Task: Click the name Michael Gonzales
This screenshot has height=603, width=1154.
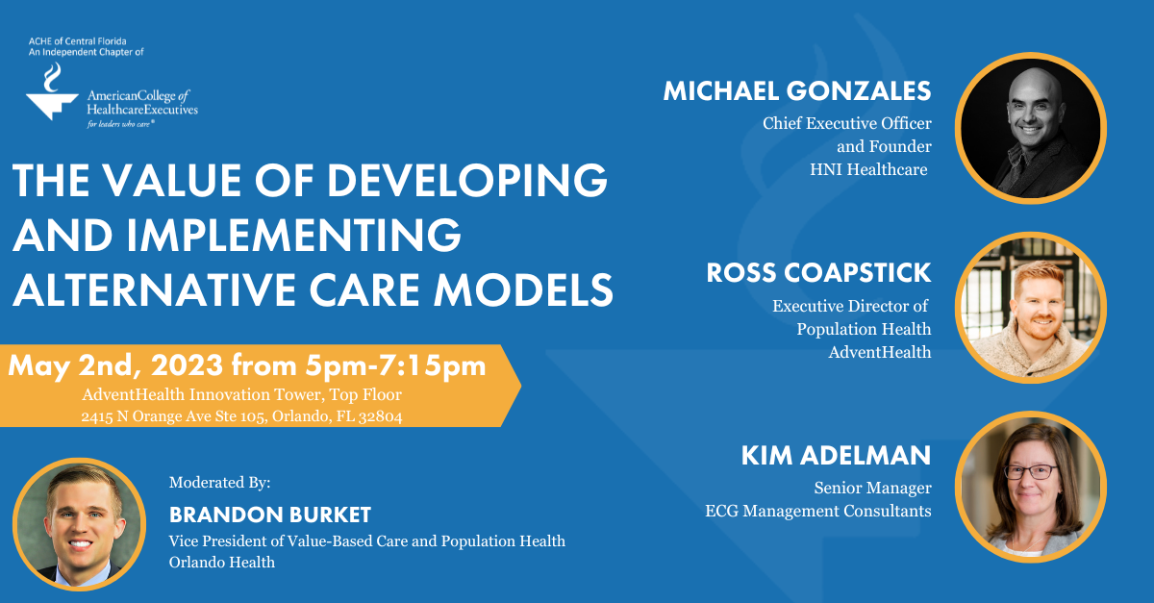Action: [x=796, y=91]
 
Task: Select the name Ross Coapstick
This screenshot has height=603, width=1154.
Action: [x=818, y=273]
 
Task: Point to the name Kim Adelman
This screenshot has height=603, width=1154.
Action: [x=836, y=456]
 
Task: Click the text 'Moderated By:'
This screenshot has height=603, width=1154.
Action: [x=218, y=482]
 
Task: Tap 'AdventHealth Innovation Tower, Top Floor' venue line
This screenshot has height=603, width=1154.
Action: [x=240, y=394]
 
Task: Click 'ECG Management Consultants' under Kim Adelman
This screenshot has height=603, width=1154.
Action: [x=817, y=511]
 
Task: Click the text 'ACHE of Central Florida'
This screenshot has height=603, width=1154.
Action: [x=78, y=42]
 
